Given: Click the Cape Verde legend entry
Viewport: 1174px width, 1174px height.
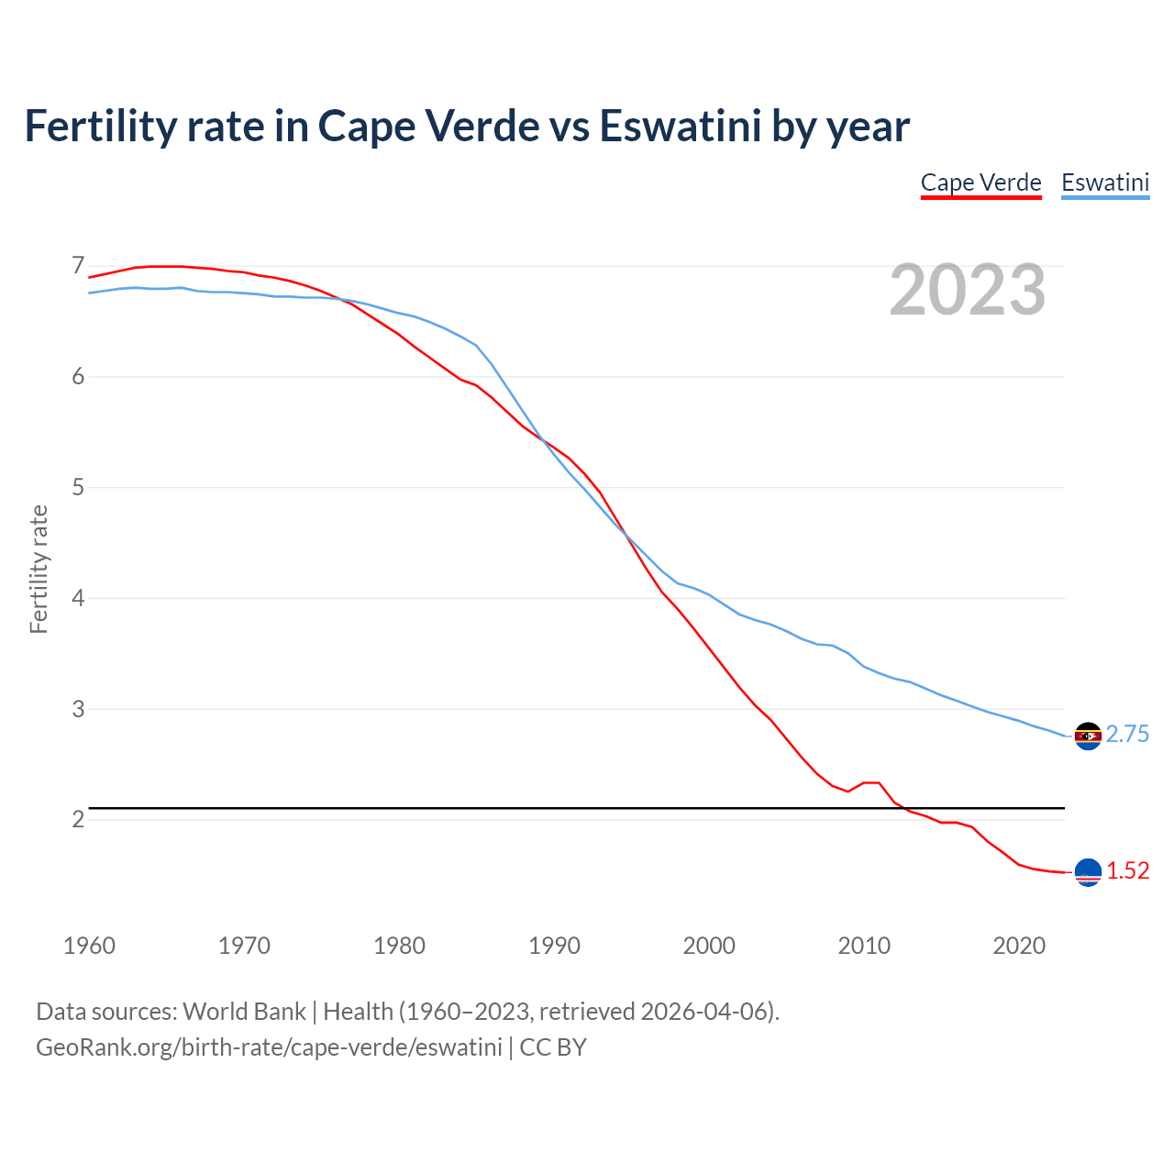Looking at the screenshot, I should [980, 183].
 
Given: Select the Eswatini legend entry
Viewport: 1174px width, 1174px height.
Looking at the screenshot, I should [1104, 183].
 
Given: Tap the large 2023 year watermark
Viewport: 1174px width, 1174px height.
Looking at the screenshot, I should [967, 291].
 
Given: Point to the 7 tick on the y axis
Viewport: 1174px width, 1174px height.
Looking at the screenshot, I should [78, 266].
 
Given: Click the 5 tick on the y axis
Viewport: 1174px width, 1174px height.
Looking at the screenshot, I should [78, 487].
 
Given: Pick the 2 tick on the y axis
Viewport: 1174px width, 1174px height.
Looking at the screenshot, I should [78, 819].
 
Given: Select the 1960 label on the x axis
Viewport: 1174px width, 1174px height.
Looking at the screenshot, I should [89, 946].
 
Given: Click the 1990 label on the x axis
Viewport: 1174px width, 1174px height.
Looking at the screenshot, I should [554, 946].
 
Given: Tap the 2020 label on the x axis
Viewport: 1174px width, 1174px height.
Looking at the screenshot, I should [1019, 946].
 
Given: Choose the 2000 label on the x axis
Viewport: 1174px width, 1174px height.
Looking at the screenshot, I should [709, 946].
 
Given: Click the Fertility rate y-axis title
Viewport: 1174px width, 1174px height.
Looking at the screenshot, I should [39, 569].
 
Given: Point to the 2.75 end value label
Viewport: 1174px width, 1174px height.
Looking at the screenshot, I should [1127, 735].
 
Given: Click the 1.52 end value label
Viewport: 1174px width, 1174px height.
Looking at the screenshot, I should [1127, 871].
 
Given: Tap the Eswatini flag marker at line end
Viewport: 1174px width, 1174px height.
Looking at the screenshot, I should [1088, 736].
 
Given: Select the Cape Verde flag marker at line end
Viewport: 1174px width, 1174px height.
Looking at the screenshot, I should [1088, 872].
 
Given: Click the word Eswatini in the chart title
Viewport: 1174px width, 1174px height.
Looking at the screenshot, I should [680, 127].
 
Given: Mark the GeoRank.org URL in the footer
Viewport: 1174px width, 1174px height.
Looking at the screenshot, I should [269, 1047].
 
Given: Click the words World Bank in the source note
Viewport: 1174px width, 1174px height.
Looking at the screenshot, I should [244, 1012].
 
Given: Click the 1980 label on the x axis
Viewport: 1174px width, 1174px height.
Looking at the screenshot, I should [399, 946].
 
